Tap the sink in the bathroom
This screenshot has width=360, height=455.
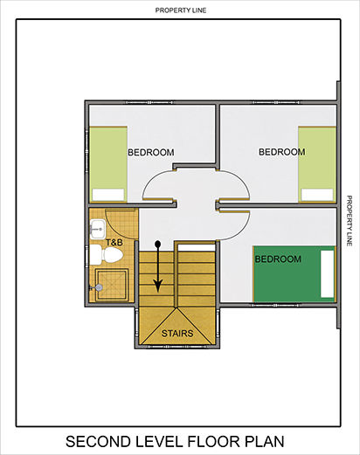[x=97, y=229]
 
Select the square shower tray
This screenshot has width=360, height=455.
[x=112, y=285]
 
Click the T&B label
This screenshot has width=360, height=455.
[x=114, y=242]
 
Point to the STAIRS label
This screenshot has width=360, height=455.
[x=177, y=334]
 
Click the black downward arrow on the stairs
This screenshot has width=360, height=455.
[x=158, y=266]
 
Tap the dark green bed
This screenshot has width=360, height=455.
[x=294, y=274]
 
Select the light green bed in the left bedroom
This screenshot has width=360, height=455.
[x=108, y=164]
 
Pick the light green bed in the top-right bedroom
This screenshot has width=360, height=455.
[x=317, y=164]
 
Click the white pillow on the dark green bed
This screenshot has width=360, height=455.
[x=328, y=273]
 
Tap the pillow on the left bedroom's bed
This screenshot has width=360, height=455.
[x=108, y=195]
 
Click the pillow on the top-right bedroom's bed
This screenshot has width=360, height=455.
[x=317, y=195]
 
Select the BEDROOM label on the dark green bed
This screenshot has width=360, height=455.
[x=278, y=259]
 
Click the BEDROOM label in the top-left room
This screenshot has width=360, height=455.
[x=151, y=152]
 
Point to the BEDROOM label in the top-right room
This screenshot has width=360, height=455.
[x=282, y=152]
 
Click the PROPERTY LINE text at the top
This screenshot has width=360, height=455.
[x=181, y=10]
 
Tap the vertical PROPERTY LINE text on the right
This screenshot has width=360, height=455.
[x=350, y=221]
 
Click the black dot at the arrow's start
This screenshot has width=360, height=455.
[x=158, y=244]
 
